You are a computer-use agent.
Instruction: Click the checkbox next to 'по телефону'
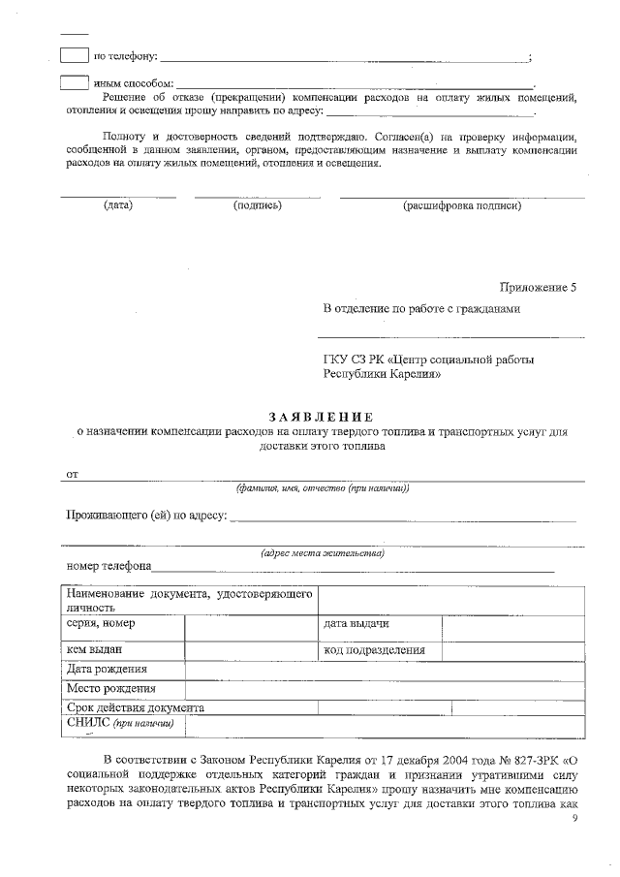(74, 55)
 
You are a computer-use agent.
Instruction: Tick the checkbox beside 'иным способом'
(74, 82)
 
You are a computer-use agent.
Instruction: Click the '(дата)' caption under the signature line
(118, 205)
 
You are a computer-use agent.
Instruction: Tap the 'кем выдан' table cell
(94, 649)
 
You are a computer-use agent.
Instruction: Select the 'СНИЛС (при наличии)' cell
(120, 723)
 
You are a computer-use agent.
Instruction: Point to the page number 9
(575, 819)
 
